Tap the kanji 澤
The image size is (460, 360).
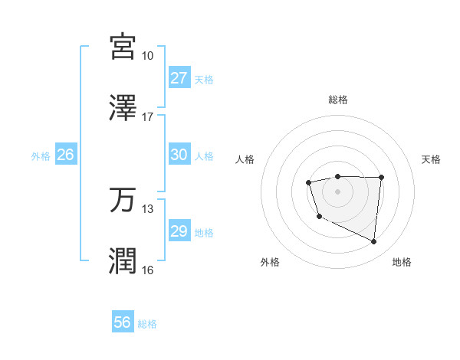click(x=123, y=107)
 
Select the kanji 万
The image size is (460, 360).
click(x=123, y=200)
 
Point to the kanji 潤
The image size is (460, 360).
click(x=123, y=261)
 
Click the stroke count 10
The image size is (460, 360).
click(x=147, y=56)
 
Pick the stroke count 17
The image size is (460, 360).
click(x=147, y=117)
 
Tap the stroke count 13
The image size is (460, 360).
click(x=147, y=209)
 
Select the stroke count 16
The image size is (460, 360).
click(x=147, y=270)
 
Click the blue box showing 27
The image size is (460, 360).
click(x=179, y=78)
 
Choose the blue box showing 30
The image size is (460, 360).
click(x=179, y=155)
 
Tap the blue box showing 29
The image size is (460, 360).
click(x=179, y=231)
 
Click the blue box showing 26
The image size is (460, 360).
click(x=65, y=155)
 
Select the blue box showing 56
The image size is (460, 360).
click(x=123, y=322)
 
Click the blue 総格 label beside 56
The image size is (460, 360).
click(x=147, y=324)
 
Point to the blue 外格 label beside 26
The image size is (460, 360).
click(x=41, y=156)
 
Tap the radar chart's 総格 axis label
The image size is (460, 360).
click(x=337, y=100)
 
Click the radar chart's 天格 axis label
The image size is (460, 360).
click(x=431, y=159)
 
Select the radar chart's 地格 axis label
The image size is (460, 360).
click(x=402, y=262)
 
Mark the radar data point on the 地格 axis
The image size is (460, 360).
click(x=374, y=242)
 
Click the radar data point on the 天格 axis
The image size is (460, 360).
click(x=382, y=178)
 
